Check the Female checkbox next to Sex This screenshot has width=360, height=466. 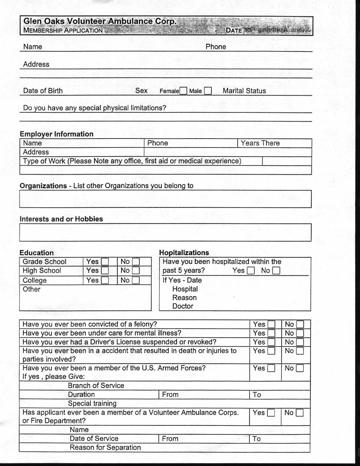click(x=183, y=91)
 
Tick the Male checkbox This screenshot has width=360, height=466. click(x=208, y=91)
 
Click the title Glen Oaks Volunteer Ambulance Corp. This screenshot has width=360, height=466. click(x=100, y=21)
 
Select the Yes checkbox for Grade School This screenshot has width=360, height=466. click(x=105, y=262)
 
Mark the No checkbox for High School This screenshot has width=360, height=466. click(x=136, y=271)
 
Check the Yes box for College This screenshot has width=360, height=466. click(x=105, y=280)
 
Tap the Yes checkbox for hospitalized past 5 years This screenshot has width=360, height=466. click(x=251, y=271)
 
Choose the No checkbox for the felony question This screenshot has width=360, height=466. click(x=300, y=324)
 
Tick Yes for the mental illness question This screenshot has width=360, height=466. click(x=271, y=333)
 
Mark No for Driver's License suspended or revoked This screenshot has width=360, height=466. click(x=300, y=342)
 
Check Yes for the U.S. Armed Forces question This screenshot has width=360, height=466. click(x=271, y=368)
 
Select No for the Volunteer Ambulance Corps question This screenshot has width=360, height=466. click(x=300, y=413)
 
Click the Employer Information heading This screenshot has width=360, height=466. click(x=56, y=134)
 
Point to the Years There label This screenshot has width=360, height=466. click(x=260, y=143)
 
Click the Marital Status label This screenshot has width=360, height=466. click(x=244, y=91)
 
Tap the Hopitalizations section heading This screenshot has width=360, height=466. click(x=184, y=252)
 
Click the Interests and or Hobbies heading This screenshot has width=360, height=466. click(x=61, y=219)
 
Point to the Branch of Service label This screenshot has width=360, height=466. click(x=96, y=386)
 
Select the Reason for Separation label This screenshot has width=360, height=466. click(x=105, y=447)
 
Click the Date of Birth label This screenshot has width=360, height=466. click(x=43, y=91)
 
